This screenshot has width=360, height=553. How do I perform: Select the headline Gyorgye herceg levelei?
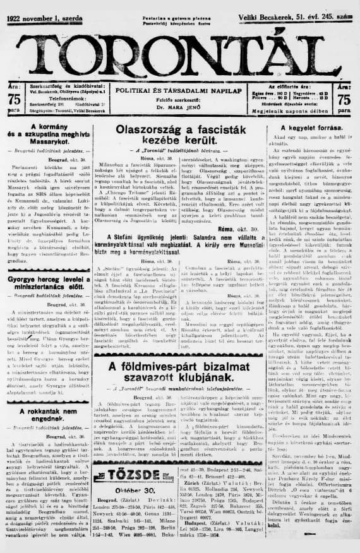[x=44, y=281]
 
